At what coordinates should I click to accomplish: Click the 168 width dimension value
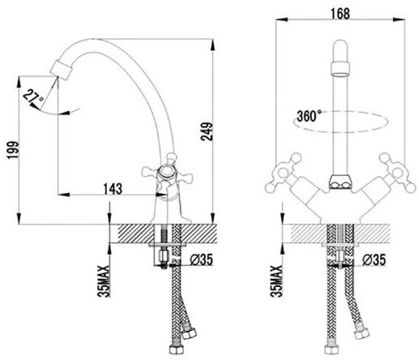[340, 14]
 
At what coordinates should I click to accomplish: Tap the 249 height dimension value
[207, 131]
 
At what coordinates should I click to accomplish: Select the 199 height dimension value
[13, 150]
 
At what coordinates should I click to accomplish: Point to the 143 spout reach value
[113, 188]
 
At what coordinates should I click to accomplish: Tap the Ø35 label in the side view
[201, 259]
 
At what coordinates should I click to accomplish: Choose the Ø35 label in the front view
[374, 259]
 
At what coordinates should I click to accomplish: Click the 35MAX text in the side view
[104, 281]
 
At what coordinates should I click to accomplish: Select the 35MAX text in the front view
[276, 281]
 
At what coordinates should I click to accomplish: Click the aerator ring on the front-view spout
[340, 70]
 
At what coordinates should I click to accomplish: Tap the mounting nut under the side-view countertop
[163, 255]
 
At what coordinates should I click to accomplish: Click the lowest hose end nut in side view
[176, 349]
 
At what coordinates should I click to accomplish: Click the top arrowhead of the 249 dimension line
[213, 45]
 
